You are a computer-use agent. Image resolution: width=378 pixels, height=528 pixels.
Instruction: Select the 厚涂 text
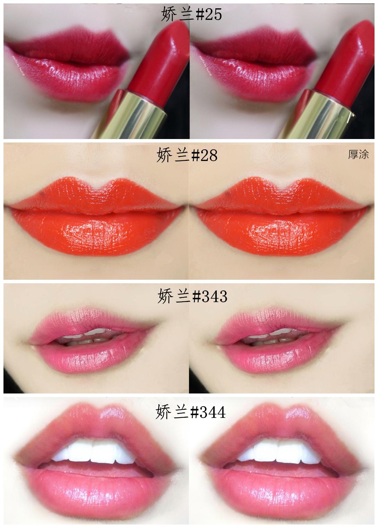[x=358, y=154]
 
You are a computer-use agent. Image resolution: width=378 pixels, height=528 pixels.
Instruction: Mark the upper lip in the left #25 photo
[x=68, y=46]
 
